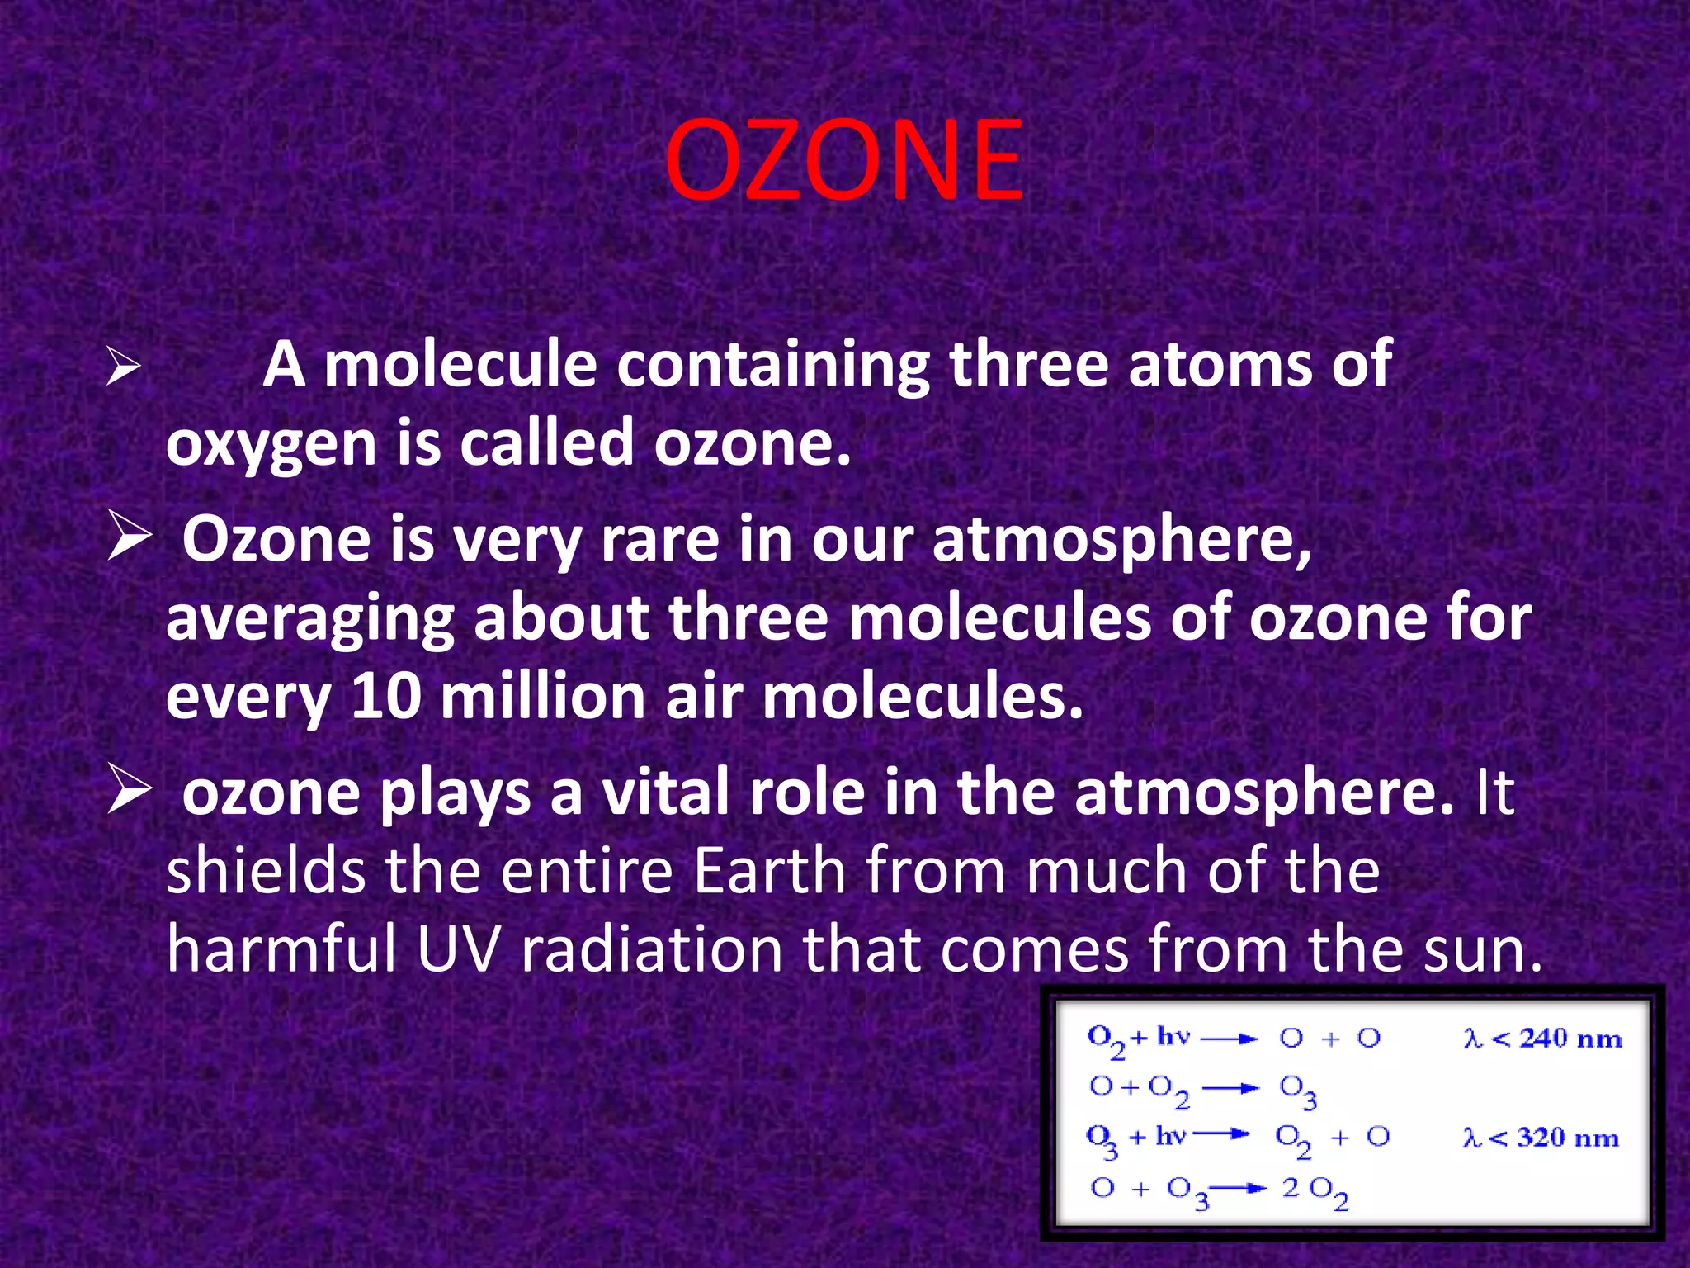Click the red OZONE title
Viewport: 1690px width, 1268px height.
pos(843,160)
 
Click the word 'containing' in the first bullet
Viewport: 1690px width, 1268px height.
pos(772,364)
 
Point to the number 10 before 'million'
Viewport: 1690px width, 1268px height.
pos(385,697)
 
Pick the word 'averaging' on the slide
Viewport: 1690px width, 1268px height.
pos(310,619)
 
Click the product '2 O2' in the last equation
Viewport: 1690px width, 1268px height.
pos(1315,1190)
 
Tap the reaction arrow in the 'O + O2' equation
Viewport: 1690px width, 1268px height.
pos(1230,1088)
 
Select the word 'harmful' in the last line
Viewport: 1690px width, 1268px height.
pos(281,950)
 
